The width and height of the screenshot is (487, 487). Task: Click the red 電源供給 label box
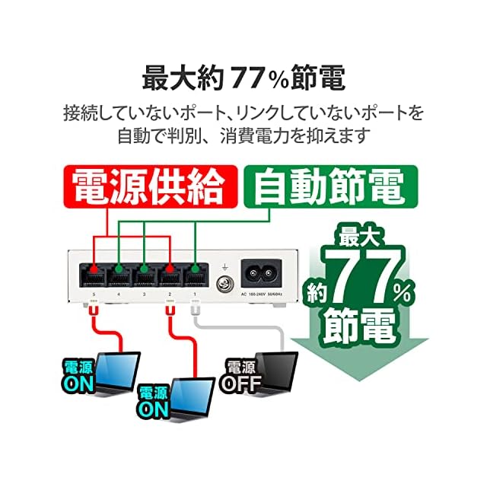pos(148,186)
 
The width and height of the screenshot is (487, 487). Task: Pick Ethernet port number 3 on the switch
pos(145,270)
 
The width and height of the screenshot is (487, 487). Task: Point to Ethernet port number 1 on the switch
pos(196,270)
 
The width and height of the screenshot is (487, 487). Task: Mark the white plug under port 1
pos(195,305)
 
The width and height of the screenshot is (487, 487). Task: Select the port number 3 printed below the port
pos(145,294)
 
